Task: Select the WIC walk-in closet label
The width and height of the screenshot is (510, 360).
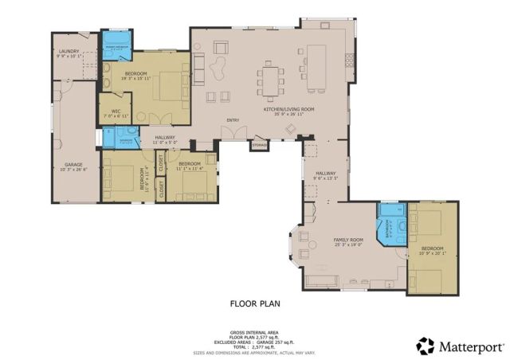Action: (x=116, y=111)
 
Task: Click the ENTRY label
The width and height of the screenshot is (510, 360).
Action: (x=233, y=120)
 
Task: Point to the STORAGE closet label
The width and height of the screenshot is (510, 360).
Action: (x=259, y=146)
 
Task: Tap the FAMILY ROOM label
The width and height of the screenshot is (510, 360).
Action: (x=348, y=240)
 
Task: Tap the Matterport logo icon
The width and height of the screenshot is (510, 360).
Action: (x=426, y=346)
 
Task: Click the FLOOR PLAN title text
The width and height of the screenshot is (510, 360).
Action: (x=255, y=303)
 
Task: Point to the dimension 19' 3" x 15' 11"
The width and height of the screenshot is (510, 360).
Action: (x=135, y=78)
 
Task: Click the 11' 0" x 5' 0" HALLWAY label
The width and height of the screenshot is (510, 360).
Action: (x=165, y=139)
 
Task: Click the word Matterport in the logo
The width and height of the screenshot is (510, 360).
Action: (x=472, y=346)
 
